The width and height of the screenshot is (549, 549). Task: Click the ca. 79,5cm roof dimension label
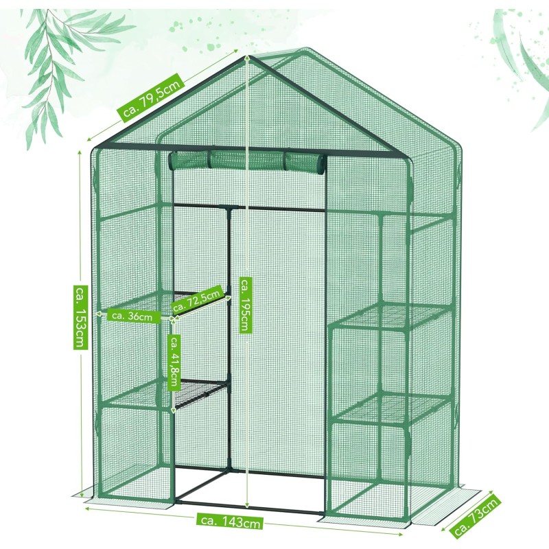(152, 97)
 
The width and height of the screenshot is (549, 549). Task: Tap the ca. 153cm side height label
(80, 317)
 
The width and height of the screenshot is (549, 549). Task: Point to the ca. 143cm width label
(231, 522)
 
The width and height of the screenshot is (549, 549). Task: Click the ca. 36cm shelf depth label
(132, 316)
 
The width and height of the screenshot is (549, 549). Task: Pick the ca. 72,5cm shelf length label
(198, 300)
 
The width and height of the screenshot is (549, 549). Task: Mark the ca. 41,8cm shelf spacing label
(174, 362)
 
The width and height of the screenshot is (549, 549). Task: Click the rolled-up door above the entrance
(247, 161)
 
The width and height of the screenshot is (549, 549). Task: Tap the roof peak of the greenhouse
(248, 56)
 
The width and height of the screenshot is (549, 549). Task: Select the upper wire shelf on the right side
(391, 316)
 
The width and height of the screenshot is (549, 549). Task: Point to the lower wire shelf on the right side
(391, 410)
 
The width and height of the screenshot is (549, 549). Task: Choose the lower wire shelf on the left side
(165, 394)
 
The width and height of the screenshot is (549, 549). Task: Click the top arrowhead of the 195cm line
(248, 58)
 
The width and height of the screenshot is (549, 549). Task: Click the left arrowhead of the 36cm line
(98, 314)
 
